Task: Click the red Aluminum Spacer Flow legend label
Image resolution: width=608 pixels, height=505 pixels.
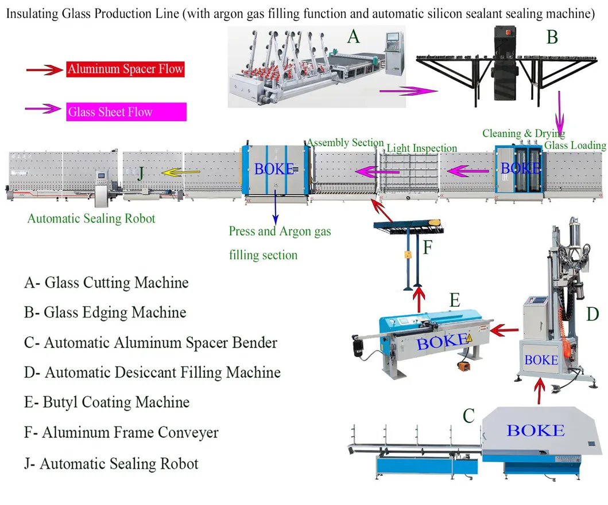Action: (125, 70)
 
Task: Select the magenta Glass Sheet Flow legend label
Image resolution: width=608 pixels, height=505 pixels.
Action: (126, 112)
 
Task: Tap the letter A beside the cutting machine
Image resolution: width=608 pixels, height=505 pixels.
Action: (353, 37)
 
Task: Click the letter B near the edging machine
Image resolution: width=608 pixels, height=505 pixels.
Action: (552, 38)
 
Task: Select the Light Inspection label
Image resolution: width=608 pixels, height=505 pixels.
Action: (421, 148)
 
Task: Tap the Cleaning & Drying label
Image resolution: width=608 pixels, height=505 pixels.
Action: (523, 134)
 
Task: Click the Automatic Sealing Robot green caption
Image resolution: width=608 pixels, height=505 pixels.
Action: (91, 218)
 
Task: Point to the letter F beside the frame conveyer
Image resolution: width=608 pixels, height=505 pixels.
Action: (428, 248)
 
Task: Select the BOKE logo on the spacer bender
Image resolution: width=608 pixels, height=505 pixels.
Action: (535, 430)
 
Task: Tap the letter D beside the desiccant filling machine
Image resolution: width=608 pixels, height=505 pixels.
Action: (592, 314)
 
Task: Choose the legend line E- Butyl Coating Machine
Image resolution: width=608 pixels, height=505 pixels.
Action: (107, 402)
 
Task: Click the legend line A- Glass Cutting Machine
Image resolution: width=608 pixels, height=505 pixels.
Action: (107, 283)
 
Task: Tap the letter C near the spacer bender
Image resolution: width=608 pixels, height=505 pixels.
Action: (468, 416)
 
